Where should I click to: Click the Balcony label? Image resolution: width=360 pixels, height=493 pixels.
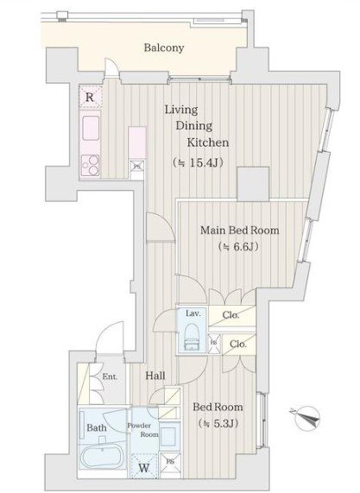click(164, 47)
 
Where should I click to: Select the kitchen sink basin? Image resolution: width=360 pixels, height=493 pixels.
click(91, 128)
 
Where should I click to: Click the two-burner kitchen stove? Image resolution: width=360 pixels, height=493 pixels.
click(91, 166)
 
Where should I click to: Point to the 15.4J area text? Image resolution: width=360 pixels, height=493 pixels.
click(198, 162)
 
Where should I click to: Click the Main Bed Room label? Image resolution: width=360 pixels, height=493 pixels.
click(240, 231)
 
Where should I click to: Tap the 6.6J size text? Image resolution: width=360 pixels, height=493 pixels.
click(239, 247)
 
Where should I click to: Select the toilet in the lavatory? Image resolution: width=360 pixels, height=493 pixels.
click(193, 337)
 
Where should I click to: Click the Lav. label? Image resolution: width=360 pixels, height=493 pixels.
click(193, 313)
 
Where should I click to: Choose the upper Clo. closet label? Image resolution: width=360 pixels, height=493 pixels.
click(231, 315)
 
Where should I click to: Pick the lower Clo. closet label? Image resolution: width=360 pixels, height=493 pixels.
click(238, 344)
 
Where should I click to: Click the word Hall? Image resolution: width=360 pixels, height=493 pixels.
click(155, 376)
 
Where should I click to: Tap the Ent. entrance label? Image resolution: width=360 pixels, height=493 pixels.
click(110, 376)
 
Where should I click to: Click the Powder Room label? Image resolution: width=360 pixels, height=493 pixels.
click(143, 430)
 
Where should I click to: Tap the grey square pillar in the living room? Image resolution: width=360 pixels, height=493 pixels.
click(253, 184)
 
